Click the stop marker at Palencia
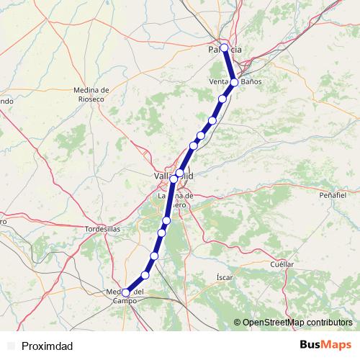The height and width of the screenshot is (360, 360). (225, 48)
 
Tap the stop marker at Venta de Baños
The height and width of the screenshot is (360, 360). (235, 82)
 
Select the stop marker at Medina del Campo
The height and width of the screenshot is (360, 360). (126, 292)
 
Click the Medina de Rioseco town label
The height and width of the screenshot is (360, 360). (91, 94)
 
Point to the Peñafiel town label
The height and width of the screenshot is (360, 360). (333, 195)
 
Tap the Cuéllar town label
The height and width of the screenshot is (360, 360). (282, 264)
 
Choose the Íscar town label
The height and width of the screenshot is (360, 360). (224, 276)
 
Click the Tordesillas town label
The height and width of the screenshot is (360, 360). (102, 228)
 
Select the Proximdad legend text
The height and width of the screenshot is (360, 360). (47, 346)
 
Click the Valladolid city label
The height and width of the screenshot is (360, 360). (174, 175)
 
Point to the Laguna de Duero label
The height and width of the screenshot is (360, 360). (176, 199)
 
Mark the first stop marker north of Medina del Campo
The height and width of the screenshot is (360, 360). (145, 275)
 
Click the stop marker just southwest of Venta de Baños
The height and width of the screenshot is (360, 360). (223, 99)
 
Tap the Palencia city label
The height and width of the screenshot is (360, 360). (225, 49)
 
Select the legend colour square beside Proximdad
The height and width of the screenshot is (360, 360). (10, 346)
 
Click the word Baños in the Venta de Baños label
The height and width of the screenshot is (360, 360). (251, 82)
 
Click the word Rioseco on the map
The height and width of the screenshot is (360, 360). (91, 99)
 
